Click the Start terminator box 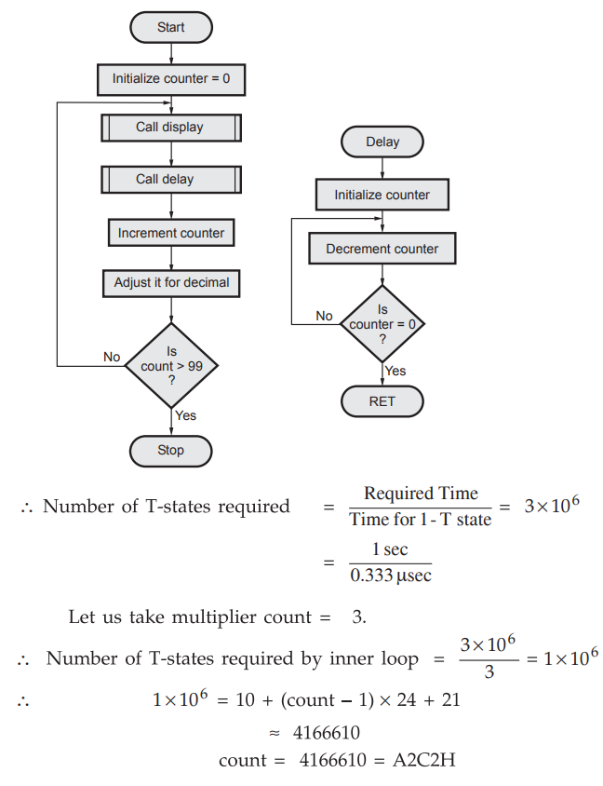(170, 27)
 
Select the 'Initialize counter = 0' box (170, 78)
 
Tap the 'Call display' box (170, 127)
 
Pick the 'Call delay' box (170, 179)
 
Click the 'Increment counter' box (170, 232)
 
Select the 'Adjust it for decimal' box (170, 282)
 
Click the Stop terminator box (170, 451)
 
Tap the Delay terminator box (382, 142)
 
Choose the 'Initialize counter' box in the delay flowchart (382, 195)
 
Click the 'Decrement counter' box (382, 249)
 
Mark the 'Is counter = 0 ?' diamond (382, 324)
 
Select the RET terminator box (382, 401)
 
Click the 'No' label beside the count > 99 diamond (112, 357)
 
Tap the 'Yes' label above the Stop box (186, 415)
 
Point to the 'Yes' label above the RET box (395, 371)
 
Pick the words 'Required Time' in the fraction (421, 494)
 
